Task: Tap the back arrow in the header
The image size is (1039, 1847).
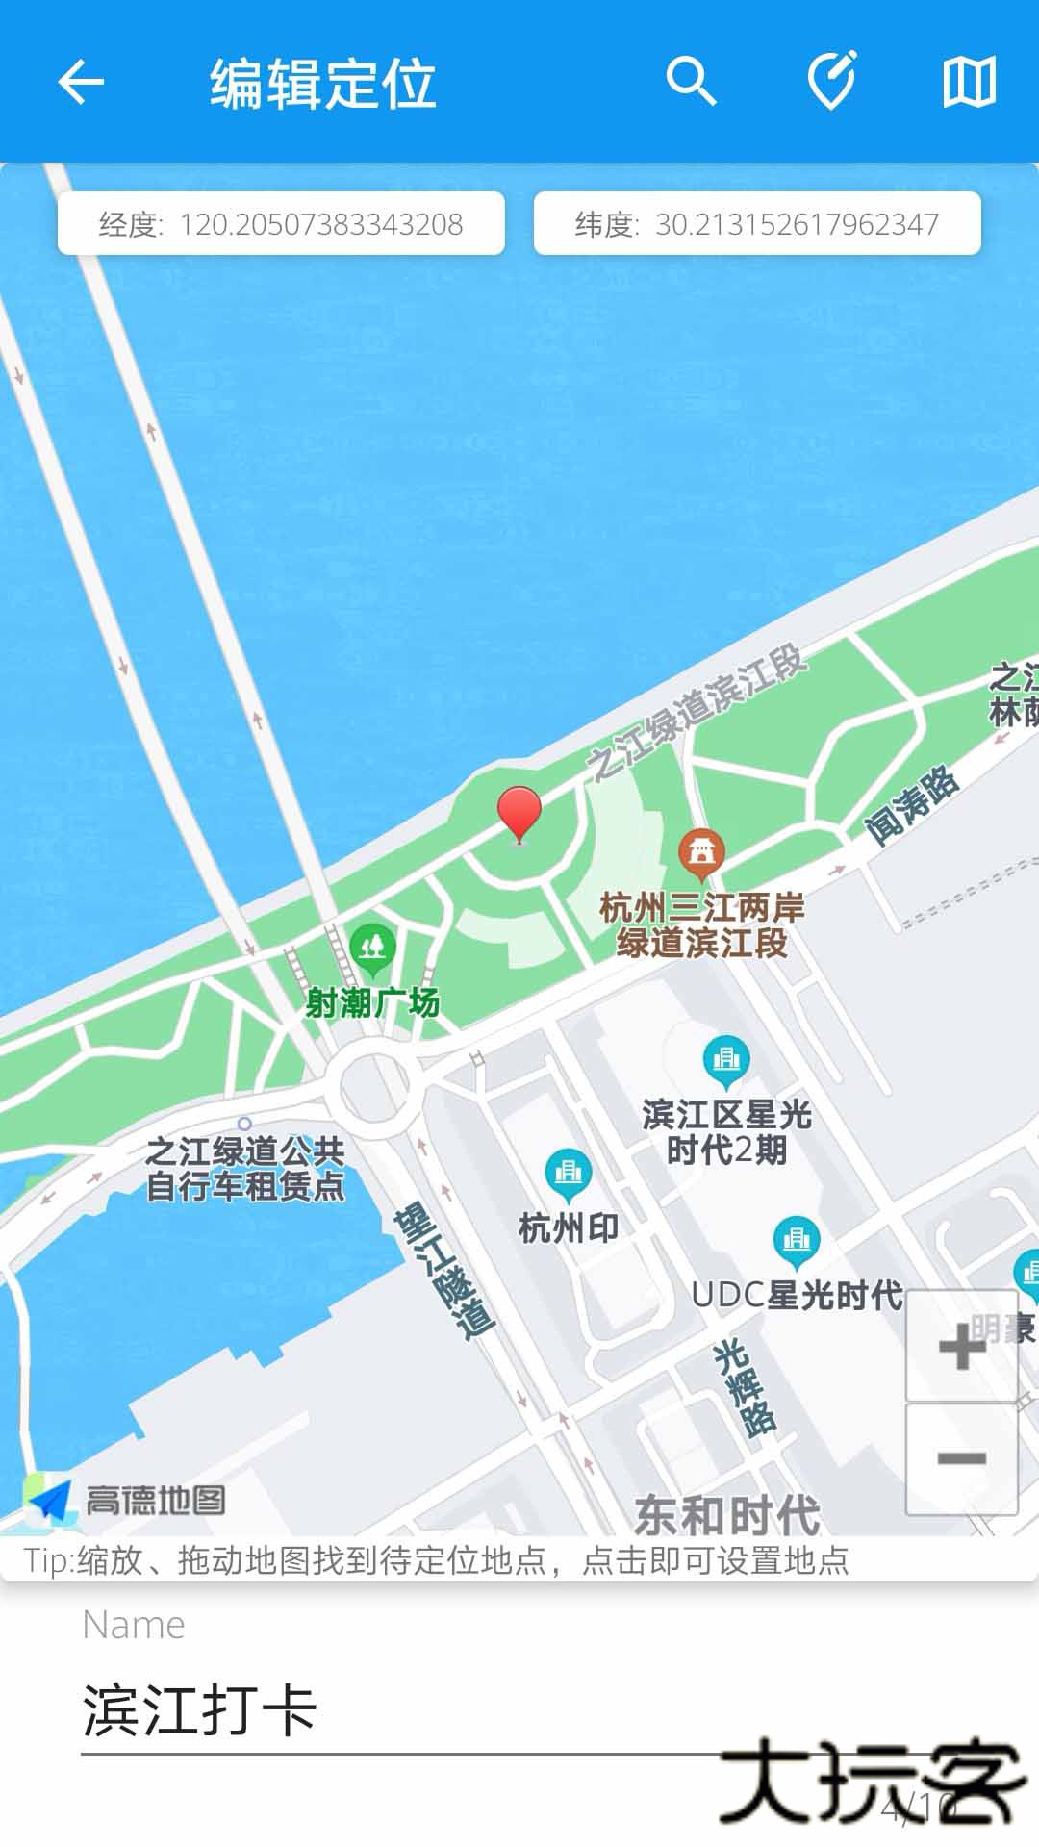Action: (x=81, y=82)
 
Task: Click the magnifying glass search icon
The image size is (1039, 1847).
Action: (x=691, y=82)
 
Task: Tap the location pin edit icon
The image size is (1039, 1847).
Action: (x=831, y=82)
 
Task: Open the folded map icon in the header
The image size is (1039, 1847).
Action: (x=969, y=82)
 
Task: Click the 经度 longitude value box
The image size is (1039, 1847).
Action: (x=281, y=224)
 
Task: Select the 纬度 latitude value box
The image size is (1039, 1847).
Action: (x=757, y=224)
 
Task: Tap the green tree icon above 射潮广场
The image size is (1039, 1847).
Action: (x=372, y=949)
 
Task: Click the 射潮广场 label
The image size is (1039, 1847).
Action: (x=372, y=1003)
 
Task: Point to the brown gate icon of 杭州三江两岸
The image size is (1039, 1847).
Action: (x=701, y=852)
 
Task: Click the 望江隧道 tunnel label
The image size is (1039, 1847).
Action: (x=443, y=1270)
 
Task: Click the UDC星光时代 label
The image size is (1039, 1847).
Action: (x=797, y=1296)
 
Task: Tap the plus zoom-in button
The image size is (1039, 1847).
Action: (x=961, y=1346)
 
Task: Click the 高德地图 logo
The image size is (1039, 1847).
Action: (x=127, y=1500)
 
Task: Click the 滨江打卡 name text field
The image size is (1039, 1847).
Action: (x=404, y=1710)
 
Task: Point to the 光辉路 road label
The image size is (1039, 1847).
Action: (x=745, y=1385)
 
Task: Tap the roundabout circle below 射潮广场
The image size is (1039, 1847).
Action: (x=374, y=1088)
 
